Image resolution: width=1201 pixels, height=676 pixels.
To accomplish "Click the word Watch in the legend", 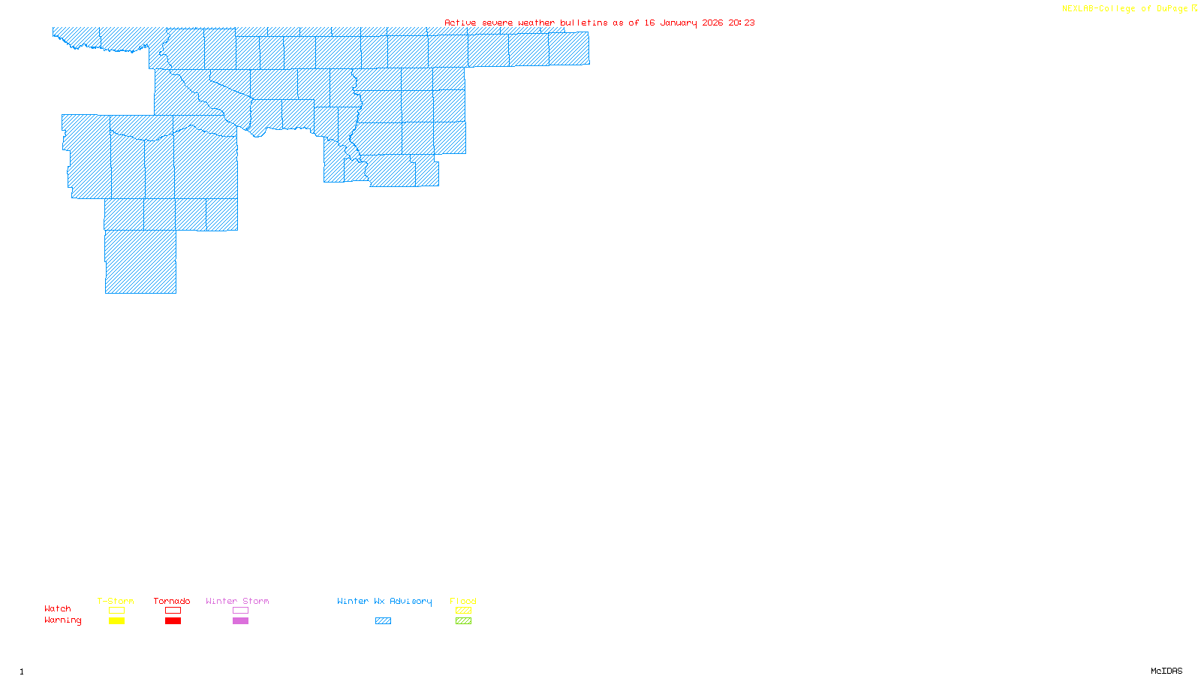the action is point(58,608).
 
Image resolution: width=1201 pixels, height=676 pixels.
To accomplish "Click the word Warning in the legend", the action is point(63,620).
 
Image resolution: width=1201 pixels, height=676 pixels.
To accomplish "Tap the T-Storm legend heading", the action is point(116,601).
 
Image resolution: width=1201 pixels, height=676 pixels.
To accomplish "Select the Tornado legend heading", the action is point(172,601).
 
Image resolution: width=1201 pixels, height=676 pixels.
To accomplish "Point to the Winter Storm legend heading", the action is point(237,601).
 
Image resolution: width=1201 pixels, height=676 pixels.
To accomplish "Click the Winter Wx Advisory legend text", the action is point(384,601).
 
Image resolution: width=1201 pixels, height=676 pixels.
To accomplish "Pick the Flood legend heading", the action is point(463,601).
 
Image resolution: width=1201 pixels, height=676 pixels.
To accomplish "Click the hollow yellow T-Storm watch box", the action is point(116,611).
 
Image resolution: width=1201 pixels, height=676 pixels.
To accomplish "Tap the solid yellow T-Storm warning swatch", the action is point(116,621).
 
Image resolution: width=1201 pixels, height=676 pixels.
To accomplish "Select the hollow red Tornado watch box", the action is point(173,611).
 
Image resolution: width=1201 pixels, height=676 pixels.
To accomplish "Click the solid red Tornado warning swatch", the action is point(173,621).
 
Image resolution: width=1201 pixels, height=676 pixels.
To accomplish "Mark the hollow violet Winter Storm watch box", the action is point(240,611).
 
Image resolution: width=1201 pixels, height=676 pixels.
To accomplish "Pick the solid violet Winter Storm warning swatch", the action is point(240,621).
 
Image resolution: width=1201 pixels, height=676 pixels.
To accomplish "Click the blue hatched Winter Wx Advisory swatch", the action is point(383,621).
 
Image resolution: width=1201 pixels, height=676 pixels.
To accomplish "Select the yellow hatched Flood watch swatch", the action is point(463,611).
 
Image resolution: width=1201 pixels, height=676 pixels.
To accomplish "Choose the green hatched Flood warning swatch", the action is point(463,621).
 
